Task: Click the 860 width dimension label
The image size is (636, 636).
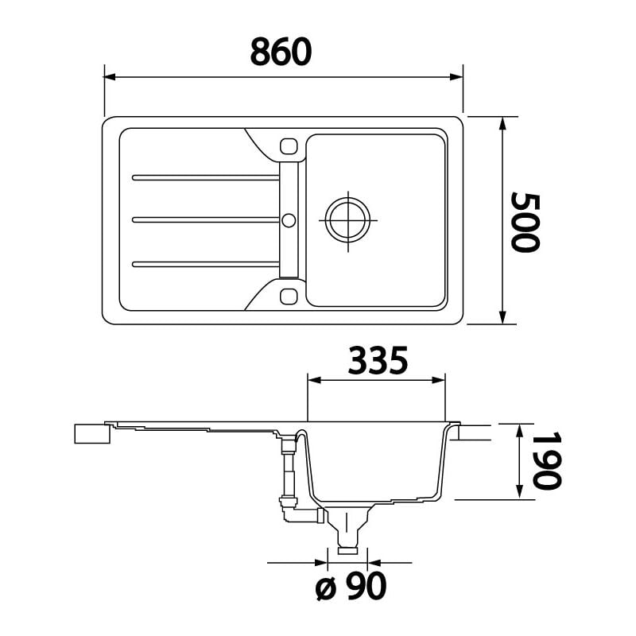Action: (x=281, y=52)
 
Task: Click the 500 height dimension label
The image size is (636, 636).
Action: (x=525, y=223)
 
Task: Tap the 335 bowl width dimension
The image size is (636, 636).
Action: (x=378, y=360)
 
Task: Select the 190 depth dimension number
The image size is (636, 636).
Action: (x=547, y=460)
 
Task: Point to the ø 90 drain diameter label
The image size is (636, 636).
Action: (x=351, y=586)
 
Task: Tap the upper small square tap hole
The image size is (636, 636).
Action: (x=289, y=146)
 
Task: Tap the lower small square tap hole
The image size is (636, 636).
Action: (x=289, y=296)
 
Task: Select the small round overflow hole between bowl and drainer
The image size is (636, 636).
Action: (x=289, y=221)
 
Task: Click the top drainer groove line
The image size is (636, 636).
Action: (x=206, y=177)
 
